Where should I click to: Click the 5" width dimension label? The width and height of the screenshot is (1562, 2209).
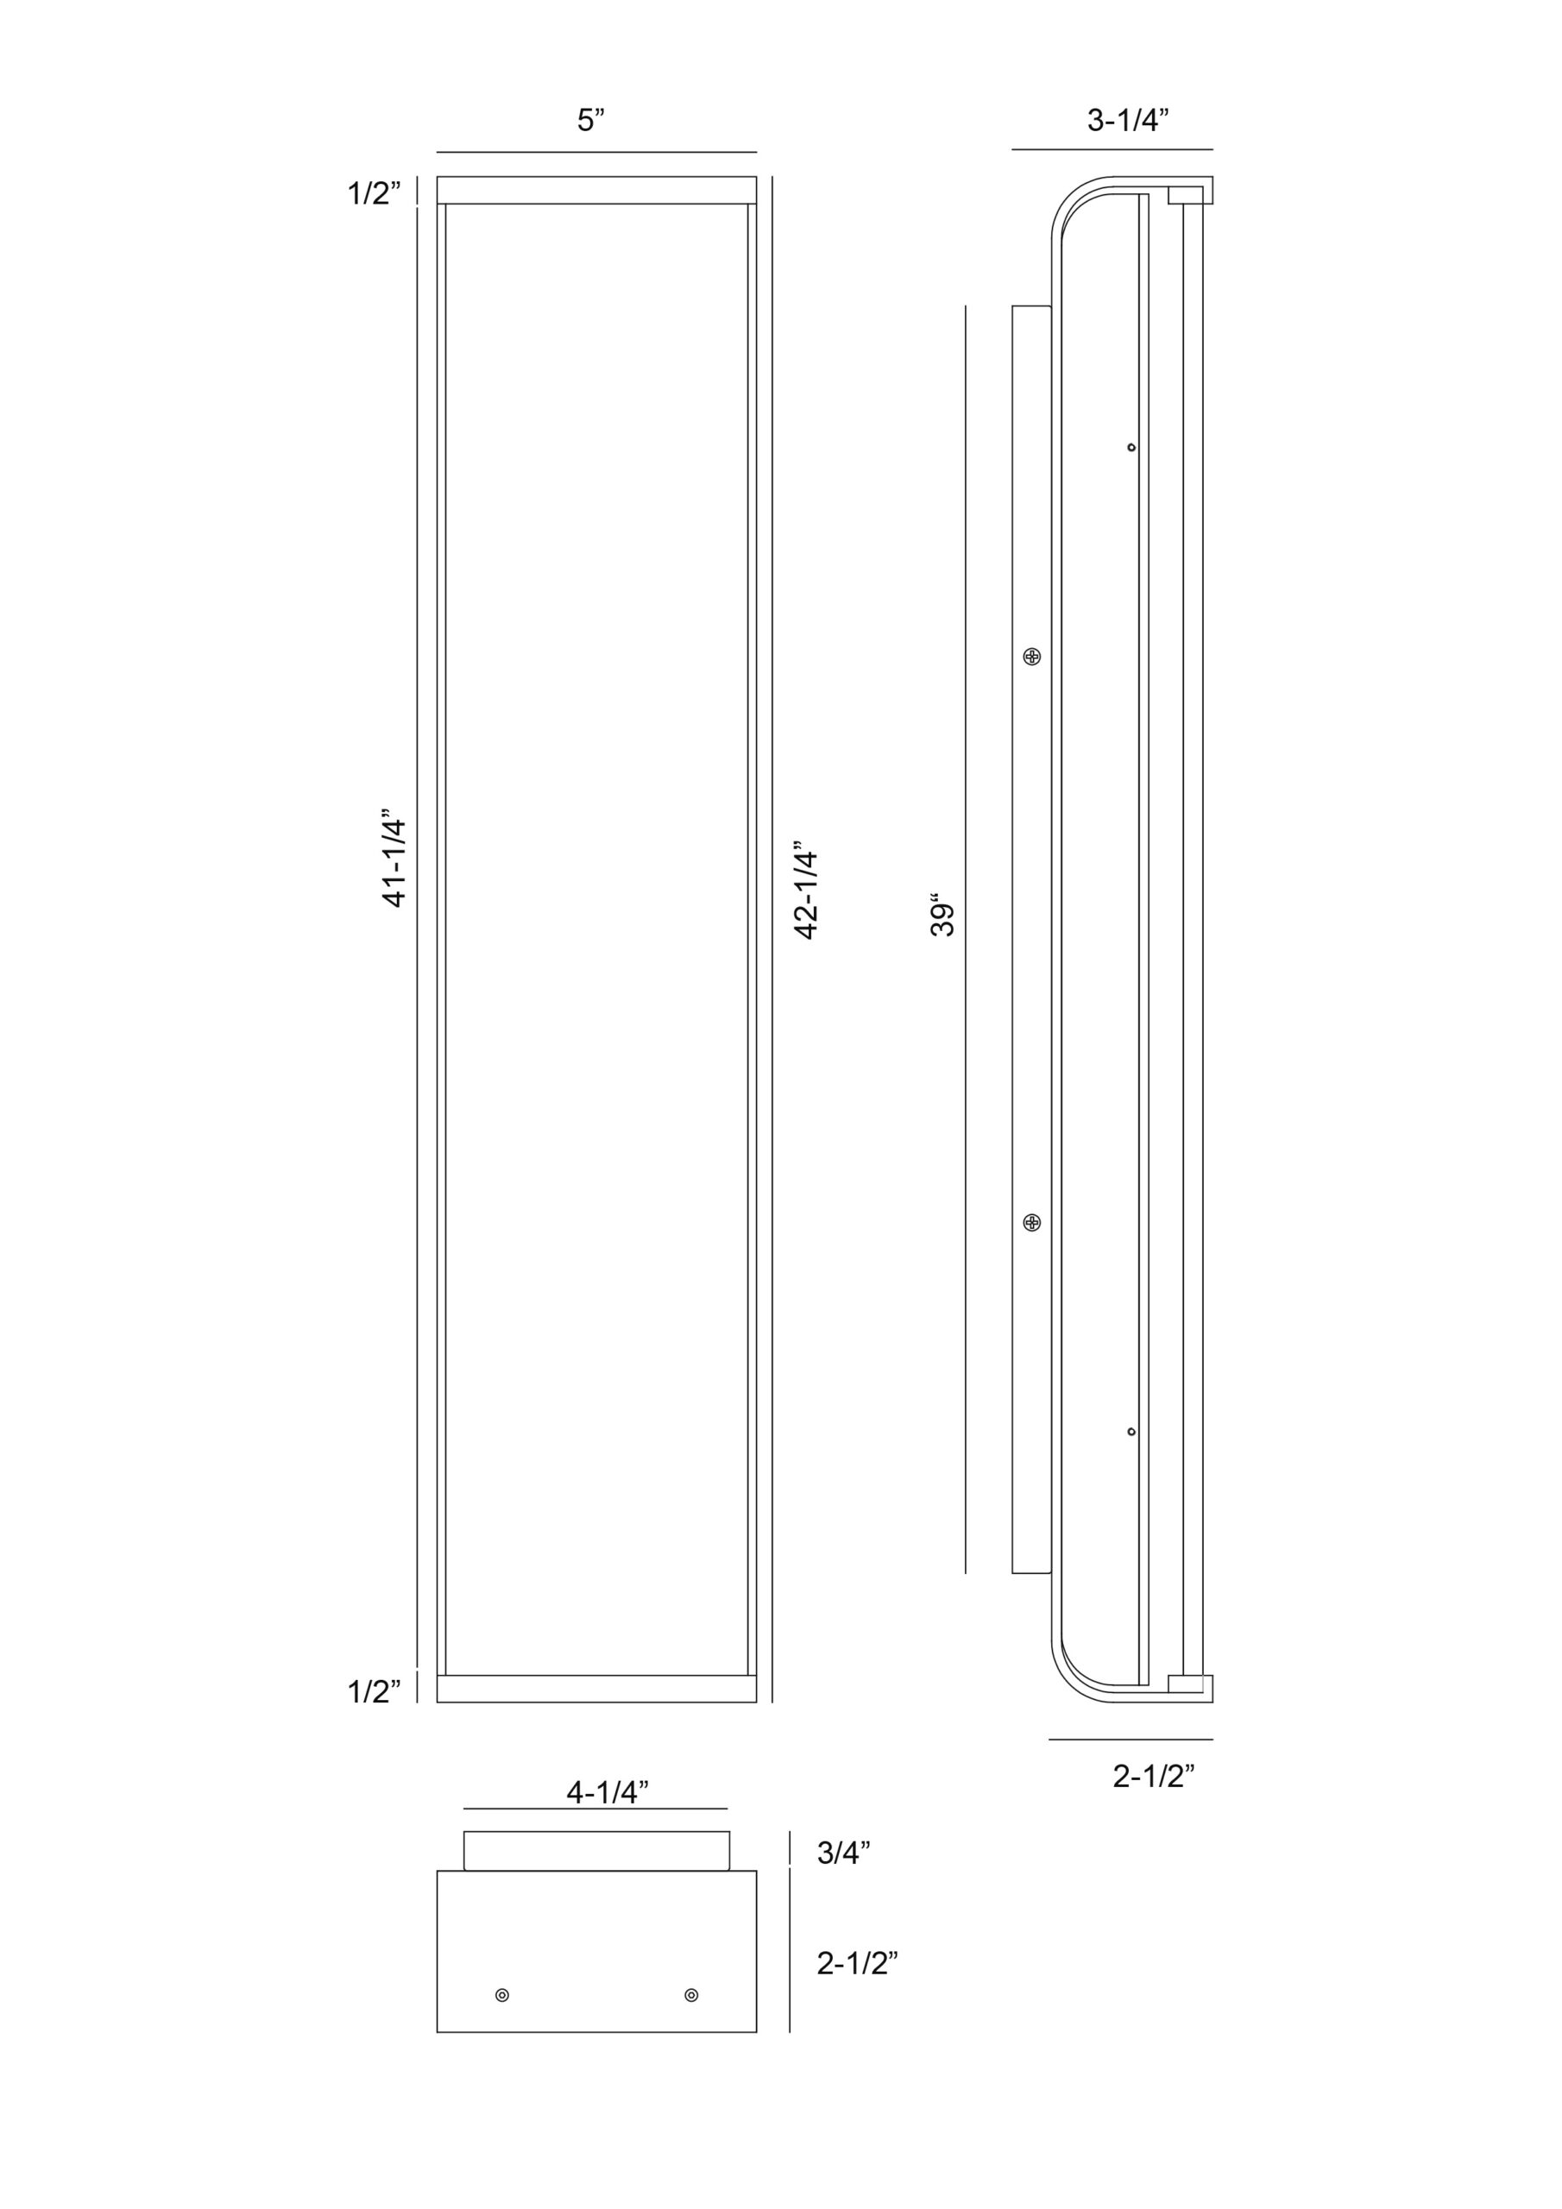click(591, 120)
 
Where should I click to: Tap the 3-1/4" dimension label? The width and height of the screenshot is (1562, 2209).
click(1128, 120)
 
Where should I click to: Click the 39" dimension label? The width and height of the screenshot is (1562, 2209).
click(942, 919)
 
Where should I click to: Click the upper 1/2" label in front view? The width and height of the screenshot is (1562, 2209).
click(375, 193)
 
